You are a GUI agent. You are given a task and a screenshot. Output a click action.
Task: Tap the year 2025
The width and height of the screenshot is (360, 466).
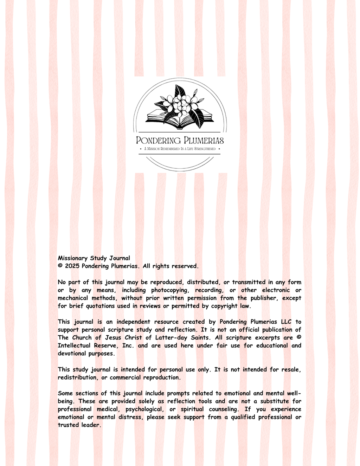pyautogui.click(x=72, y=266)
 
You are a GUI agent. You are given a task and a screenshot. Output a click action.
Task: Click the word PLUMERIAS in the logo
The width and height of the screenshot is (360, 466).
pyautogui.click(x=204, y=141)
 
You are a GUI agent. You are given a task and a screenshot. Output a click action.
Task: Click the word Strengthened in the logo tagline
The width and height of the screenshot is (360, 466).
pyautogui.click(x=205, y=149)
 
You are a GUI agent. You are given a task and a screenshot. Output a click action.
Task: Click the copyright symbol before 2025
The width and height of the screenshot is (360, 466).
pyautogui.click(x=60, y=266)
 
